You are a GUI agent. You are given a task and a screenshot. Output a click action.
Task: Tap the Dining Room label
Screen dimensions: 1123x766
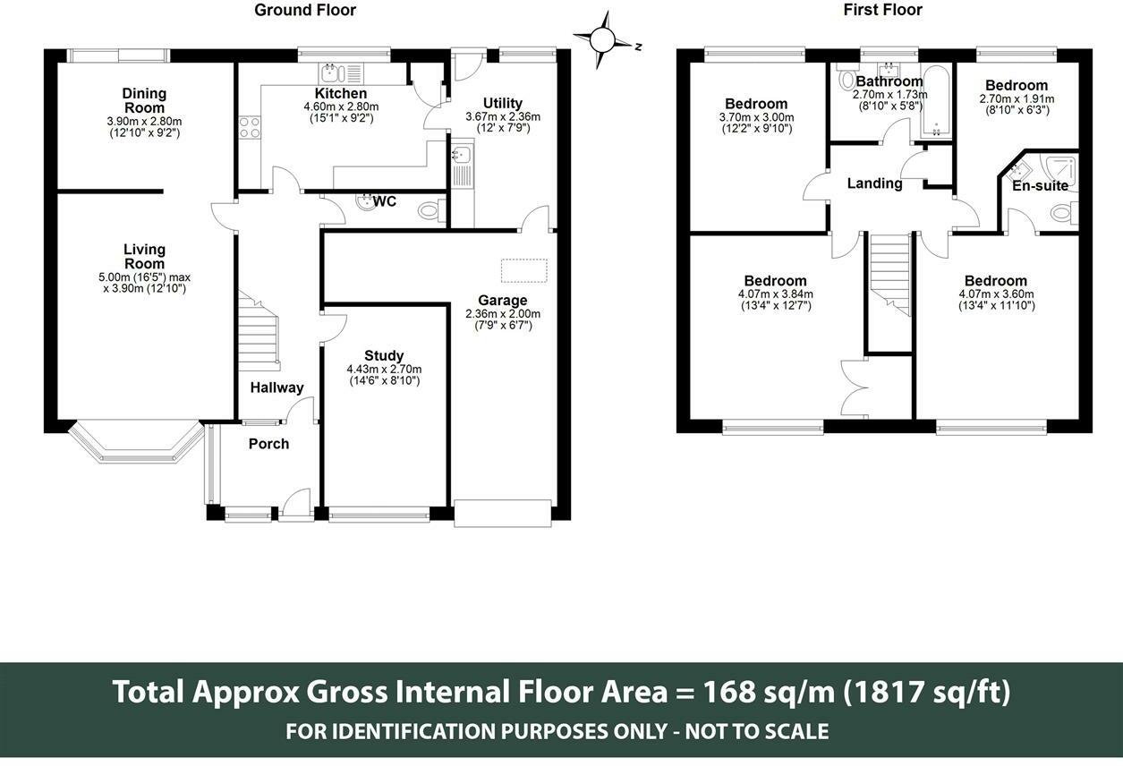144,100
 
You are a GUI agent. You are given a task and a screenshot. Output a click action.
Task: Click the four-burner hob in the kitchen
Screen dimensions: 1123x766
249,127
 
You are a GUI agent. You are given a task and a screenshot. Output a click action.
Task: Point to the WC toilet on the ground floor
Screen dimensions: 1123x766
431,210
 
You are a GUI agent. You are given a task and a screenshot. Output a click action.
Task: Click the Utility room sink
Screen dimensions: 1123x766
462,155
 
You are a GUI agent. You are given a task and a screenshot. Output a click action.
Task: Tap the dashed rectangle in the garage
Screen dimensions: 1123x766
523,271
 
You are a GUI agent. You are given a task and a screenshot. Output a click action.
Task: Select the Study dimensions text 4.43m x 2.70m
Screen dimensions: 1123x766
384,369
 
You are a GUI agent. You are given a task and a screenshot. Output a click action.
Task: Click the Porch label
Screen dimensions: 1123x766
268,444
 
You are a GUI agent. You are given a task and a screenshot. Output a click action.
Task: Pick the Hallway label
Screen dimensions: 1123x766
276,387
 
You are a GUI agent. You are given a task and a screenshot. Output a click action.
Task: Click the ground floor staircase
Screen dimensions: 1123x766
258,331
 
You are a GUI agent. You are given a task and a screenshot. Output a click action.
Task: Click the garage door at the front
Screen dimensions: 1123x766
503,514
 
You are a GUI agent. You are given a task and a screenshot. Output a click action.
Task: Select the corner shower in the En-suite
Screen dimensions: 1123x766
1059,173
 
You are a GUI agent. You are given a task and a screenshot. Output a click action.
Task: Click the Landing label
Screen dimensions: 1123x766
874,183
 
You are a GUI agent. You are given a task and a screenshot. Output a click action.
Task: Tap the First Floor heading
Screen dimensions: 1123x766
883,10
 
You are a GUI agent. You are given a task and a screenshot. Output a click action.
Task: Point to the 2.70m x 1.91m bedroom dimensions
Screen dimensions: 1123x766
1017,99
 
